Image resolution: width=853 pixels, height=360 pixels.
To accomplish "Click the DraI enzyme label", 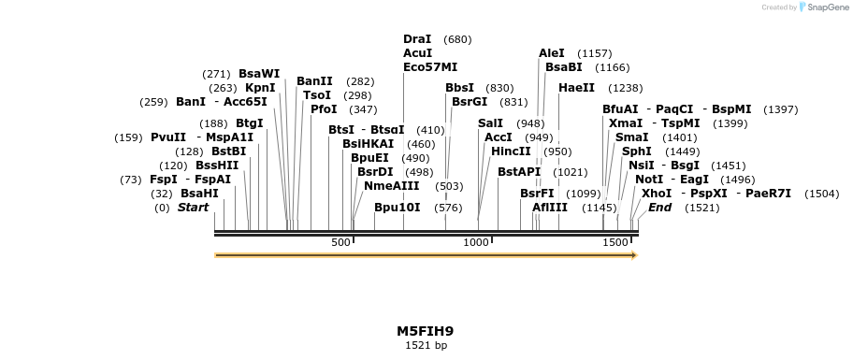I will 417,39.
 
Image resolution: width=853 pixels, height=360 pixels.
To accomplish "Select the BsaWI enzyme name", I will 259,74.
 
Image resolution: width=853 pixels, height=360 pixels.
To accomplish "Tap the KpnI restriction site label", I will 260,88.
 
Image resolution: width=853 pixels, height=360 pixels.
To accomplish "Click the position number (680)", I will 457,39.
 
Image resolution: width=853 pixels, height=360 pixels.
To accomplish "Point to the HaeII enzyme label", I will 576,88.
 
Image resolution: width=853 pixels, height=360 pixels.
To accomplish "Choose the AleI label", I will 552,53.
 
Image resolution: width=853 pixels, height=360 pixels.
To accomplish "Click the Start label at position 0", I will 194,208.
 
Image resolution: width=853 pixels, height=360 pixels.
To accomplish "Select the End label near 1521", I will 660,208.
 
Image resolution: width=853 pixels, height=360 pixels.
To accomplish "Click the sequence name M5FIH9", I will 426,331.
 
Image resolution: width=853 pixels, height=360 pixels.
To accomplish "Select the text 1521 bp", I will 426,346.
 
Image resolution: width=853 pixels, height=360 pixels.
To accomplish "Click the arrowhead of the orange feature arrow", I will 633,254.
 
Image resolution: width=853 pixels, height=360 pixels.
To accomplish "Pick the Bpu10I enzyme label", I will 397,208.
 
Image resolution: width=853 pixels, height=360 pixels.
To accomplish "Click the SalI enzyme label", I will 490,123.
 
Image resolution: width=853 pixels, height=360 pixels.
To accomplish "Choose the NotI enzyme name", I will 649,180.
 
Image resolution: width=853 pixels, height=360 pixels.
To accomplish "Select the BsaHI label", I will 199,194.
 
